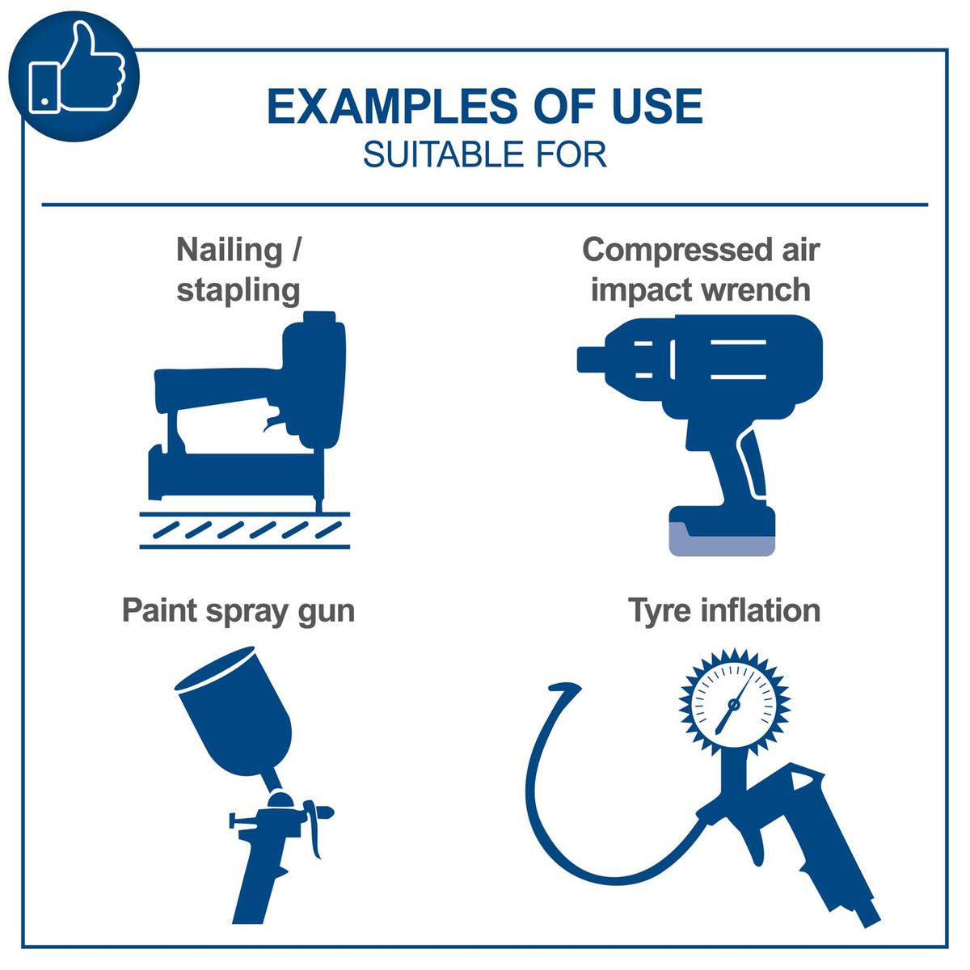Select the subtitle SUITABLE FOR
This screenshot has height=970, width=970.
pyautogui.click(x=484, y=154)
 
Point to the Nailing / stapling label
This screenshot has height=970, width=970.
pyautogui.click(x=238, y=269)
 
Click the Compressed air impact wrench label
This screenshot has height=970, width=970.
pyautogui.click(x=700, y=269)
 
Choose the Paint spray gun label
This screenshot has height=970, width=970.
pyautogui.click(x=238, y=610)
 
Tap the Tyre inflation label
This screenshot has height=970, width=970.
pyautogui.click(x=724, y=610)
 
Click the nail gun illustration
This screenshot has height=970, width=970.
pyautogui.click(x=251, y=412)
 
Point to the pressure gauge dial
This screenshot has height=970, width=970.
pyautogui.click(x=734, y=703)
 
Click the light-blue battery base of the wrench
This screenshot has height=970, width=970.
pyautogui.click(x=722, y=544)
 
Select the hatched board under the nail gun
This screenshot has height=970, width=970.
pyautogui.click(x=245, y=530)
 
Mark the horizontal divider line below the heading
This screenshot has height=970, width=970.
pyautogui.click(x=484, y=205)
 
